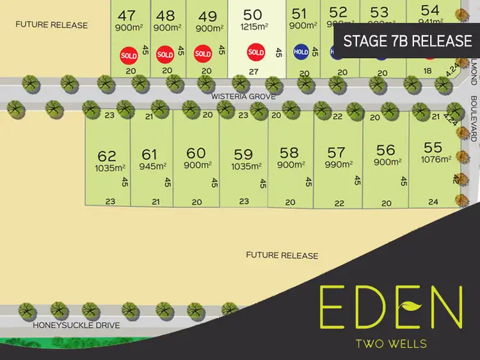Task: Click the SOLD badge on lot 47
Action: click(129, 54)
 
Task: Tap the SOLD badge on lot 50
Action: click(256, 52)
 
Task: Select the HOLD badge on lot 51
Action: click(301, 52)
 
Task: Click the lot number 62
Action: click(107, 156)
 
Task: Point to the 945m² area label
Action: click(149, 168)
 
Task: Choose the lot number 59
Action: click(243, 154)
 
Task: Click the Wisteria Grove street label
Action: click(245, 96)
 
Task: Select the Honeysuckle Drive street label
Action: click(77, 325)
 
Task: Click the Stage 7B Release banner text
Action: click(408, 41)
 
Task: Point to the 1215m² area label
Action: click(253, 26)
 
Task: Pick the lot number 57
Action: click(336, 152)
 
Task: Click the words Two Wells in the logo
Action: click(391, 343)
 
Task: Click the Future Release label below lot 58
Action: click(282, 255)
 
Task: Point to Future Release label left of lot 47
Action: click(52, 25)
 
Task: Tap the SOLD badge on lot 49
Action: click(203, 54)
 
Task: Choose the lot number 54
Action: click(430, 10)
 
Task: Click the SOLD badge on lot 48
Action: click(165, 54)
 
